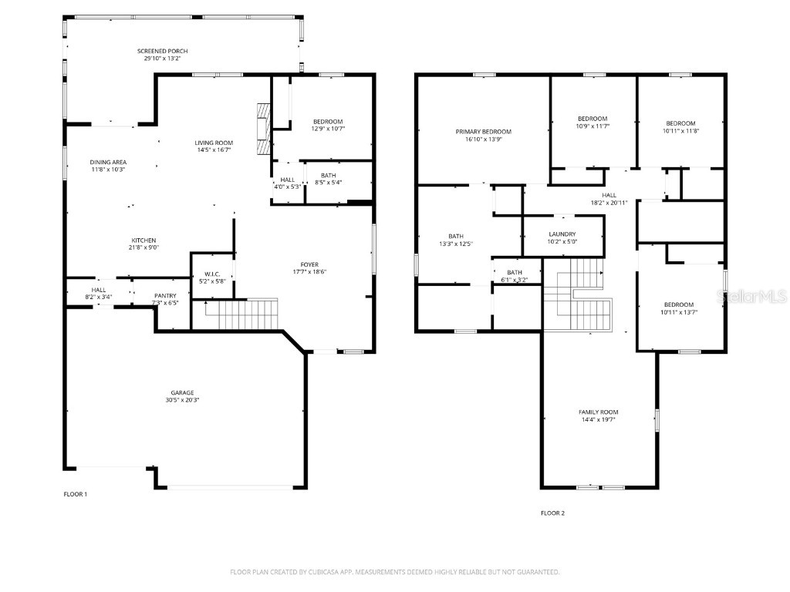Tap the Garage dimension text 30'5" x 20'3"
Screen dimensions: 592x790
182,400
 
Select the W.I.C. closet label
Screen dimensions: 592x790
212,274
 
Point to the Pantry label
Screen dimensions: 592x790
165,295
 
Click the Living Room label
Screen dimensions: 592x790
214,143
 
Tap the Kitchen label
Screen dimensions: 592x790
143,240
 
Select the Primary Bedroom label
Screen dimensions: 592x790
483,132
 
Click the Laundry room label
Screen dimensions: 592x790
562,234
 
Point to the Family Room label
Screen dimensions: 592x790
599,412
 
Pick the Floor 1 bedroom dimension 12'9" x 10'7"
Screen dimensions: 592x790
328,129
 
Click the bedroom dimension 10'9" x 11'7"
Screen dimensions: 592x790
592,126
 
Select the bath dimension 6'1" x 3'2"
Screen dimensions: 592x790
515,280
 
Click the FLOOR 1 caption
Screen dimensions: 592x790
76,493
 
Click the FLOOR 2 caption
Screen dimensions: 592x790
552,513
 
